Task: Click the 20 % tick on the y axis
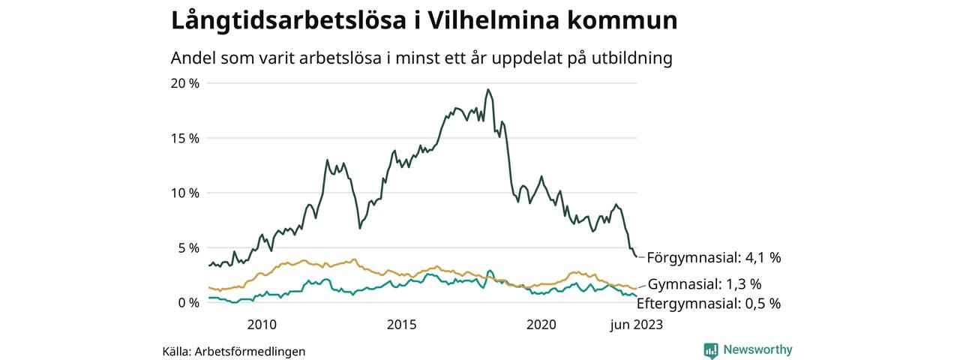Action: (185, 83)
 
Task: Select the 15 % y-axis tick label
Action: (185, 138)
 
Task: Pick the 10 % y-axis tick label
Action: (185, 193)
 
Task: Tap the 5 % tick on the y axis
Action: (188, 247)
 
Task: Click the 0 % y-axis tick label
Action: (188, 302)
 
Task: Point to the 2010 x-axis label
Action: (261, 325)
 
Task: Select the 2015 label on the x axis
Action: (401, 325)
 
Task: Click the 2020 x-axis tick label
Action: (541, 325)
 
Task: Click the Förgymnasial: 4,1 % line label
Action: (713, 258)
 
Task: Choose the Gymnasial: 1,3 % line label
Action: (704, 284)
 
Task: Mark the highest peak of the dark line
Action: (488, 90)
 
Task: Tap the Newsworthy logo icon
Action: (711, 349)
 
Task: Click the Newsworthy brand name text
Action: (757, 349)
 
